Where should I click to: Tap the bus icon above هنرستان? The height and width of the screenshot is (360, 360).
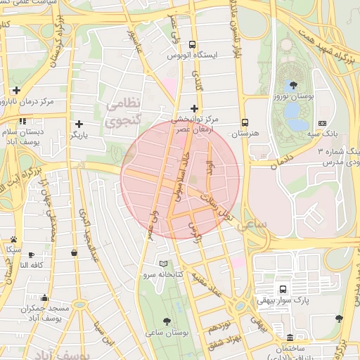[x=245, y=121]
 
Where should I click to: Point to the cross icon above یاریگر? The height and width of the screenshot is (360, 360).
[x=79, y=124]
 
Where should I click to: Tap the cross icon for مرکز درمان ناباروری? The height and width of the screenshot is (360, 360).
[x=16, y=90]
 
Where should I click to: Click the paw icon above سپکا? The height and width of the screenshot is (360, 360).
[x=13, y=239]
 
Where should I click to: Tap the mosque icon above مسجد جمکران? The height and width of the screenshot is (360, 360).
[x=45, y=297]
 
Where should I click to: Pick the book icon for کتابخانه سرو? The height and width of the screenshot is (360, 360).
[x=164, y=264]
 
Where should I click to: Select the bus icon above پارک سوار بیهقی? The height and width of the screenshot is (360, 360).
[x=283, y=289]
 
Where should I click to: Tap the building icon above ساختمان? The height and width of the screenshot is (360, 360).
[x=291, y=337]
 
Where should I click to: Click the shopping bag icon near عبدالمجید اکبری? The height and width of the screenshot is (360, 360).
[x=75, y=253]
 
